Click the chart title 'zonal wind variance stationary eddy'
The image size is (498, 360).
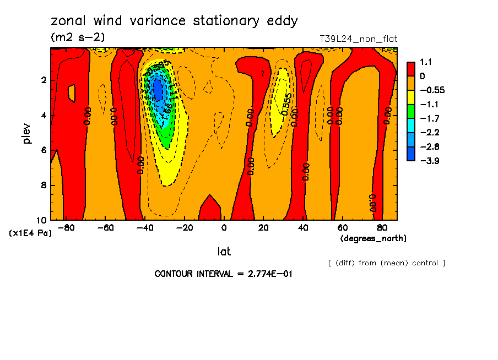click(174, 21)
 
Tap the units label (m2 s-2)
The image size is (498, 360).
click(77, 37)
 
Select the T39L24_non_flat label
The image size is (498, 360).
click(359, 39)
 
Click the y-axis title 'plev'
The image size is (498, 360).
click(27, 133)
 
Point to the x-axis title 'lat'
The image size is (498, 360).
click(224, 252)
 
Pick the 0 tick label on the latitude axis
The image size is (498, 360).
click(224, 227)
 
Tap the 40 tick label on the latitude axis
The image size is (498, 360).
click(302, 227)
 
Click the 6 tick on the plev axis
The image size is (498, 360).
click(44, 150)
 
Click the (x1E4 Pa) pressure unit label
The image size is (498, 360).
click(31, 233)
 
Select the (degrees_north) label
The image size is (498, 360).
click(373, 238)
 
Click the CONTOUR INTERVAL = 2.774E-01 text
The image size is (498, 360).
click(223, 274)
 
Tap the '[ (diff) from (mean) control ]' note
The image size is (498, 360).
click(386, 263)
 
